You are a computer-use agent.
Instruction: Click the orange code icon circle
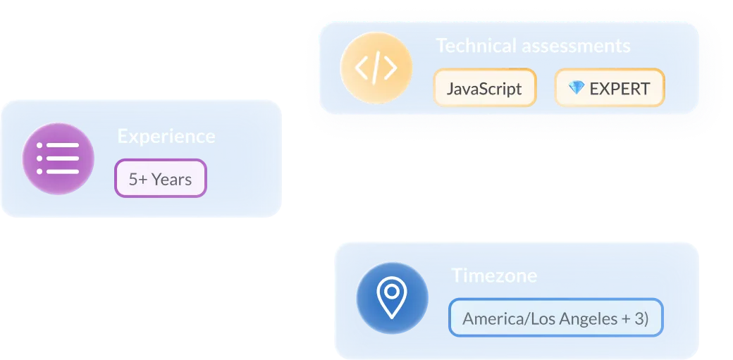(x=376, y=68)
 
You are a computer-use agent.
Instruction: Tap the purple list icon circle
(x=58, y=159)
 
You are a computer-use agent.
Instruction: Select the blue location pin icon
(x=392, y=298)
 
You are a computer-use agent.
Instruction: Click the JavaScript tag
(x=485, y=88)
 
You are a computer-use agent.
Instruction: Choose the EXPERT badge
(x=609, y=88)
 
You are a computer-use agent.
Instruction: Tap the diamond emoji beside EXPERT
(x=577, y=87)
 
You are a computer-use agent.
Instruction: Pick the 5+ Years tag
(x=161, y=178)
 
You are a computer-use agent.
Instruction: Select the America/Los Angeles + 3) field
(x=556, y=318)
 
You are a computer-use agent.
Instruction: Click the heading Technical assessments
(x=534, y=46)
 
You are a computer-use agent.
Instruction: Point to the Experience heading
(x=166, y=137)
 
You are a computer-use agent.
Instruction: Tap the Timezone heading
(x=494, y=275)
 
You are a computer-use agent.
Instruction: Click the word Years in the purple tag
(x=171, y=179)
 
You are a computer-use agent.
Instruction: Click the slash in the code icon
(x=376, y=68)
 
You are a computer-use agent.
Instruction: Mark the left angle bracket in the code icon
(x=362, y=68)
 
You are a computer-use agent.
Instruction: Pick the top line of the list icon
(x=58, y=145)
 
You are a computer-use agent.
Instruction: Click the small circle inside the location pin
(x=392, y=291)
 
